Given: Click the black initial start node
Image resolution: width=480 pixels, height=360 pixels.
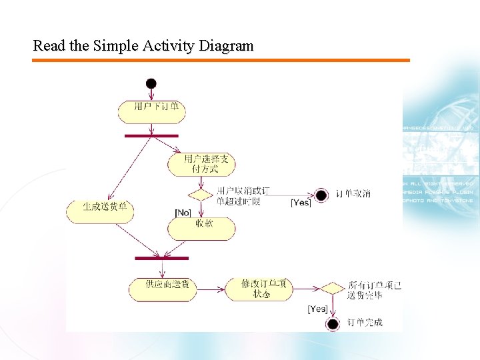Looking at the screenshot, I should [151, 83].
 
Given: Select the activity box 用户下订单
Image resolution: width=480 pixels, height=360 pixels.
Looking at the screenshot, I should [151, 111].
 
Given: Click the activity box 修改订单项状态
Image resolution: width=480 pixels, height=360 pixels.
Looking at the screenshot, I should [257, 288].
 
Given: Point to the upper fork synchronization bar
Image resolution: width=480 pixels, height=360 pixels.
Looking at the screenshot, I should [151, 136].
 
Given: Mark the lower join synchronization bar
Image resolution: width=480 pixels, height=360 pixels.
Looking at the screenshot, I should [161, 258].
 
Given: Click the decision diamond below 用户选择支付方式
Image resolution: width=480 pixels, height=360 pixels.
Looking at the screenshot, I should [199, 195].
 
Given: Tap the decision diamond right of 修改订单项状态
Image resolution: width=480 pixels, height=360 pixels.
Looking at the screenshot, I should [331, 289].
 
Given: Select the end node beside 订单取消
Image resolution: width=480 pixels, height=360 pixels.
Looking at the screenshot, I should [321, 195].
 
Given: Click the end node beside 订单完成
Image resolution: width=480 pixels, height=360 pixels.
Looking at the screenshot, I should [332, 324].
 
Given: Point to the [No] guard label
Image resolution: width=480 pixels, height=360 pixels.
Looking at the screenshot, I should [183, 213].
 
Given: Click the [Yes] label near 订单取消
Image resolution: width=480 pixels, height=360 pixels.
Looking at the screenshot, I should [301, 203].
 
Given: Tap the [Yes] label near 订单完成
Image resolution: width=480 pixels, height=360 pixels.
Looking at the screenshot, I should [317, 309].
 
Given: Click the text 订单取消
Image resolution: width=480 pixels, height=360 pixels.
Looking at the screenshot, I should [353, 194].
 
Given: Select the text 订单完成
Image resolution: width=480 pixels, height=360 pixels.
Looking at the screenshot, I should [365, 323].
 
